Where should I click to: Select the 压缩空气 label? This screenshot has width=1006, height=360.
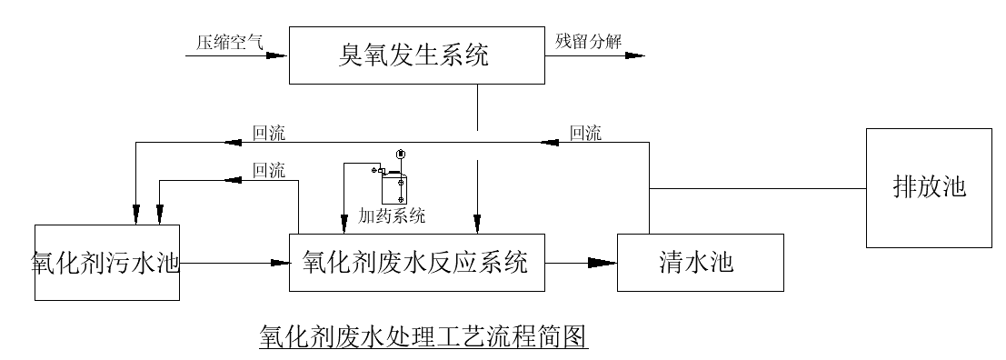[229, 42]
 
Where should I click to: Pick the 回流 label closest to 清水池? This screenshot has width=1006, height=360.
[585, 134]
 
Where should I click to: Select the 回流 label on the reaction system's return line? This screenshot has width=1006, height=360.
[268, 170]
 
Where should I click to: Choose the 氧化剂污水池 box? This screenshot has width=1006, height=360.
[106, 262]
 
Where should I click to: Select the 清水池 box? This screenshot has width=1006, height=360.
[700, 263]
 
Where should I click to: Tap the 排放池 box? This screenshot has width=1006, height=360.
[928, 188]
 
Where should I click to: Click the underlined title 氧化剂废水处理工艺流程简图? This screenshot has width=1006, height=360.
[424, 335]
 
